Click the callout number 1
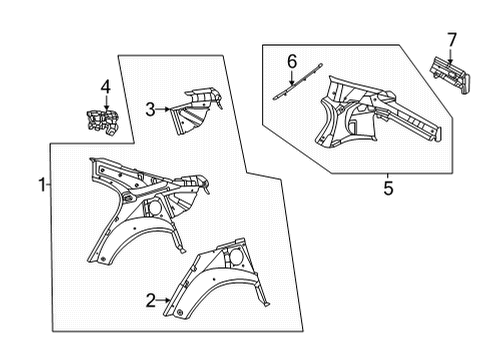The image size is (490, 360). tap(42, 185)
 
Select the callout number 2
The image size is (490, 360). tap(151, 300)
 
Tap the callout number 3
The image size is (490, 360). tap(150, 109)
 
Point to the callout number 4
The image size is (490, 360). tap(105, 87)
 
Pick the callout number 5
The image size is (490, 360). tap(388, 188)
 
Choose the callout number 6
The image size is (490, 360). tap(292, 62)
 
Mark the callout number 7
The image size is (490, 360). tap(451, 40)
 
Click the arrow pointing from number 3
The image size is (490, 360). tap(163, 109)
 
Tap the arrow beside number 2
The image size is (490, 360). tap(163, 300)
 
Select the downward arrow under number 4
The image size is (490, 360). tap(106, 103)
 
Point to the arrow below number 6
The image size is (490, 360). tap(291, 78)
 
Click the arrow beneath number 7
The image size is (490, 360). tap(450, 56)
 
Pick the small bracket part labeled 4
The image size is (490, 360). tap(102, 123)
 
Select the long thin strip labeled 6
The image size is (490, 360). tap(298, 81)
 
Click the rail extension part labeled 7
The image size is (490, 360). tap(450, 75)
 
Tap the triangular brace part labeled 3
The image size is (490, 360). tap(195, 111)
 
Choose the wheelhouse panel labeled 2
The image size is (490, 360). tap(217, 280)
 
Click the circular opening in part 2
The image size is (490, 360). tap(236, 256)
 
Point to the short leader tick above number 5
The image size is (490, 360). tap(388, 176)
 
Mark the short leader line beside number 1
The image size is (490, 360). tap(49, 184)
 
